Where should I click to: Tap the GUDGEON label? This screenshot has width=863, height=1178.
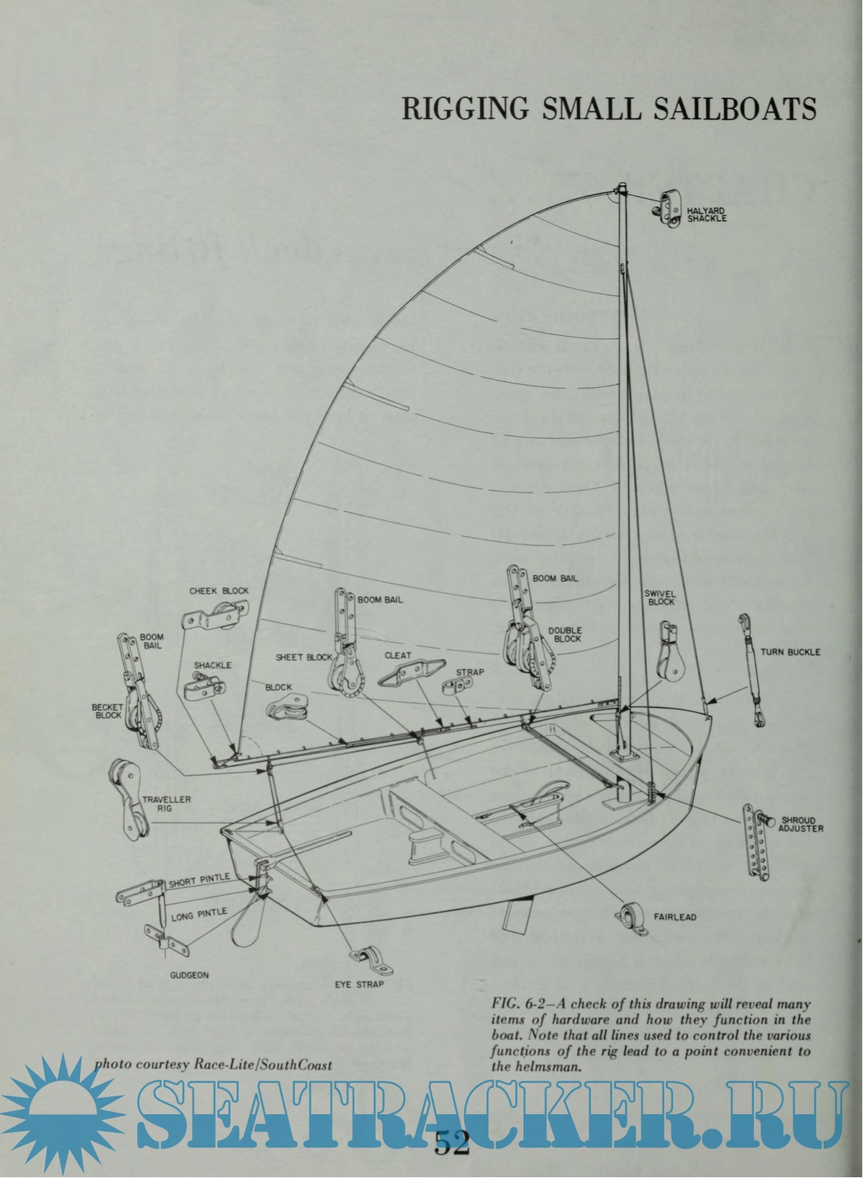189,975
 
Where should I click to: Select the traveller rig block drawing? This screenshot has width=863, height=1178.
125,803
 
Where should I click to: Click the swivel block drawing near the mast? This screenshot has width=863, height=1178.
669,649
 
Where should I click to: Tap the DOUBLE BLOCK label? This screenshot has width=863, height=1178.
564,634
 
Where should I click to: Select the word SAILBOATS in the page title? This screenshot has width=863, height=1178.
732,108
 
